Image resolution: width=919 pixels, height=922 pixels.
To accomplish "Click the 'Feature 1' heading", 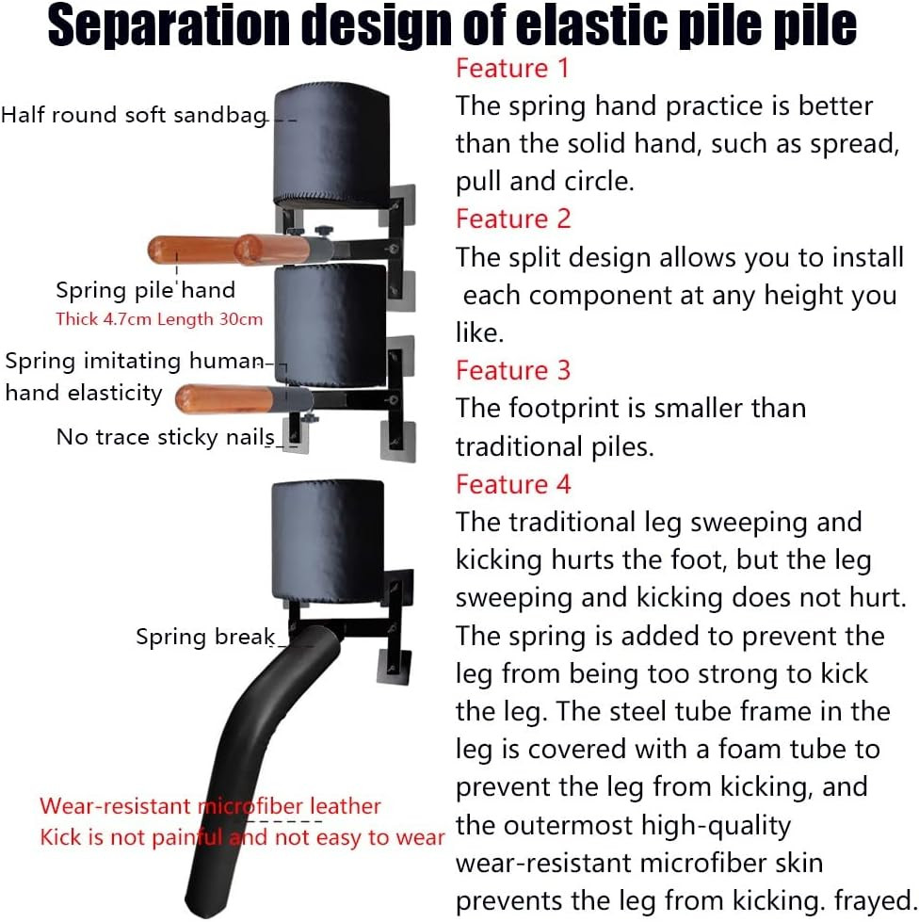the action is [x=512, y=68].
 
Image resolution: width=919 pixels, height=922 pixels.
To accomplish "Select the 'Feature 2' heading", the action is [x=513, y=218].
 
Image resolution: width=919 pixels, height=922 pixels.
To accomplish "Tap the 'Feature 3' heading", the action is [x=513, y=370].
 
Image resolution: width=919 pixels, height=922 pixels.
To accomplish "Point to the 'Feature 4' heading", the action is [x=513, y=484].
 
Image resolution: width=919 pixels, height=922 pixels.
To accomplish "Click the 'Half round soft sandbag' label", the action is [x=135, y=115].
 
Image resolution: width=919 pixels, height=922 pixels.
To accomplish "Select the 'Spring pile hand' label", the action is [x=145, y=290].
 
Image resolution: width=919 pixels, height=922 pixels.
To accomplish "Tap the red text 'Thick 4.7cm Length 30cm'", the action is [x=159, y=319].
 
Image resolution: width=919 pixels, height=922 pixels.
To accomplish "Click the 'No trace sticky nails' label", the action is [x=165, y=438].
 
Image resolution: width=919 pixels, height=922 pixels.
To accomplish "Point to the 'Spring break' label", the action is [x=205, y=637].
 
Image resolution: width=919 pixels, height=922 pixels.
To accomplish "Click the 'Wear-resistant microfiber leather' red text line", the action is [x=210, y=806].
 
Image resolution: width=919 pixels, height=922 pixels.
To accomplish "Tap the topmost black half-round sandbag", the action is [x=332, y=145].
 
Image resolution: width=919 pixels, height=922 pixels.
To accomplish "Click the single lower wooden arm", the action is [x=242, y=400].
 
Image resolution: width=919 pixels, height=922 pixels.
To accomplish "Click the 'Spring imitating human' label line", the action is [x=135, y=361].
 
